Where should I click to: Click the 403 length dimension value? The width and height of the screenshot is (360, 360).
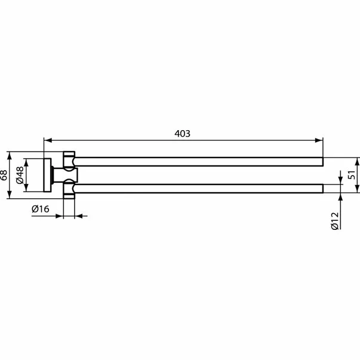(183, 134)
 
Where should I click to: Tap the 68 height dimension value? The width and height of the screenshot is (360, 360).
(4, 175)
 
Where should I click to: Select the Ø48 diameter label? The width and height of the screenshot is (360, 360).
(20, 175)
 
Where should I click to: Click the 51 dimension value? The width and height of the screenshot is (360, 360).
(351, 175)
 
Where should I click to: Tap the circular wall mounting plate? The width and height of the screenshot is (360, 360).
(47, 175)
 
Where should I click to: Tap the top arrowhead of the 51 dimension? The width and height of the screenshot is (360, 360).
(358, 161)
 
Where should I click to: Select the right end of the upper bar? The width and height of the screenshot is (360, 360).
(321, 161)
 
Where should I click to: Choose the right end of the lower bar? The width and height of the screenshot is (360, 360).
(321, 189)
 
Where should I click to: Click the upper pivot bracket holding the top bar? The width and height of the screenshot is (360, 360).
(69, 160)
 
